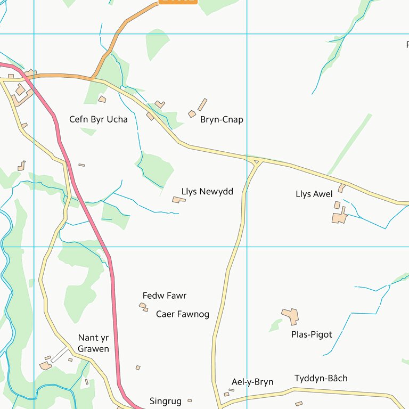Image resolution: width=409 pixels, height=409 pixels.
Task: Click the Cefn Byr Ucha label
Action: tap(99, 119)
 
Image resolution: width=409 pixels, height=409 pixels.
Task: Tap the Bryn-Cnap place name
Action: tap(222, 120)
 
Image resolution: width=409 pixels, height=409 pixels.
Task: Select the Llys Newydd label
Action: tap(207, 192)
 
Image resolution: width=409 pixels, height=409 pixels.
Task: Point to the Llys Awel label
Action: tap(314, 194)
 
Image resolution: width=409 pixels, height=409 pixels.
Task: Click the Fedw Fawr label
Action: tap(165, 296)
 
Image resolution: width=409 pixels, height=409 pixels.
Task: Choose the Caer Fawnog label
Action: tap(183, 314)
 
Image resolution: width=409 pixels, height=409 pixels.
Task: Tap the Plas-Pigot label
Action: tap(312, 334)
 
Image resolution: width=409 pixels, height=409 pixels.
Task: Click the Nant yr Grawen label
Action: tap(93, 343)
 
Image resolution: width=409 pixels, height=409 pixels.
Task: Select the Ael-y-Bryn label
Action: tap(252, 382)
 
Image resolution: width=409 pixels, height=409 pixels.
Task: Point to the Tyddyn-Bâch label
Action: tap(321, 378)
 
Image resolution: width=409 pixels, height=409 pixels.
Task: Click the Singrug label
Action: tap(166, 401)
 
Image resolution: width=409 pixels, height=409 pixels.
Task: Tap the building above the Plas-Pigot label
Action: tap(291, 316)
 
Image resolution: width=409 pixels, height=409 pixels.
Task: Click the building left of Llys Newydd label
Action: tap(178, 200)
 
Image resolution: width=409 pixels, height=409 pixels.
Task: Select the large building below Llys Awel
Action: tap(339, 217)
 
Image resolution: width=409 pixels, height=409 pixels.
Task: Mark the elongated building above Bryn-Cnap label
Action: tap(202, 104)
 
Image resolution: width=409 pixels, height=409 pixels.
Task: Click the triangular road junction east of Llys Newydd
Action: tap(256, 161)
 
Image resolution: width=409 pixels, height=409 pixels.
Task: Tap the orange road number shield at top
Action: tap(178, 1)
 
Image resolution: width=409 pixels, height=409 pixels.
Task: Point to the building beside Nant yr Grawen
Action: tap(46, 365)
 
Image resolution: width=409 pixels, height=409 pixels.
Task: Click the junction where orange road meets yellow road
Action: tap(93, 79)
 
